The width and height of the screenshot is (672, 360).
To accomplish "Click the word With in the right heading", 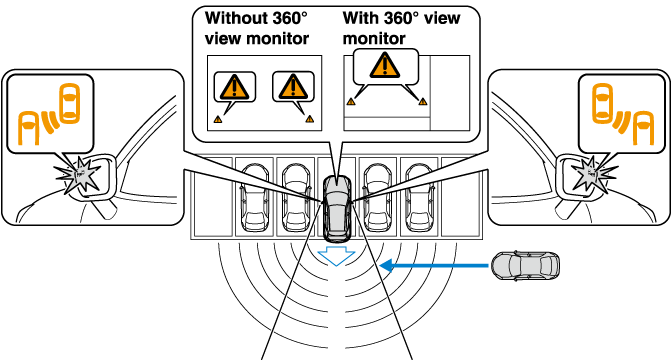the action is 358,18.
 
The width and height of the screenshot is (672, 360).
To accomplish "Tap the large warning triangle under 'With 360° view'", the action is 385,65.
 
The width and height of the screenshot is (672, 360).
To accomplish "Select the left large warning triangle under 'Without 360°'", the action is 234,87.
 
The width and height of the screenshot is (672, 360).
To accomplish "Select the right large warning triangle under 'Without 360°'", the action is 293,87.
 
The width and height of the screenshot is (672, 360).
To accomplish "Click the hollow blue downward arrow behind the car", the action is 336,256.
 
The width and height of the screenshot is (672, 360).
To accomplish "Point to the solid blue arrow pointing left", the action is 434,266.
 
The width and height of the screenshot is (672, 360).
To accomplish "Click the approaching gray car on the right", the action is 525,266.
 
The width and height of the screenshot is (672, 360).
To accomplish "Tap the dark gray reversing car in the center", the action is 337,208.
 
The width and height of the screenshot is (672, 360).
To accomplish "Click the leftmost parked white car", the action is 255,198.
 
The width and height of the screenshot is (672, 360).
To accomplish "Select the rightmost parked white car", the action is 419,198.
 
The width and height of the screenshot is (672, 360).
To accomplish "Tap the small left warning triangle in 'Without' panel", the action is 218,120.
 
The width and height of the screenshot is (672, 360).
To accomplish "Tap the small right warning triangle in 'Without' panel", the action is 309,119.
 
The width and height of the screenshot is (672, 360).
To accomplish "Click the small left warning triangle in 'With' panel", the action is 351,102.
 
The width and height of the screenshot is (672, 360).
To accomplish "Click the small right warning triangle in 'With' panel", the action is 423,102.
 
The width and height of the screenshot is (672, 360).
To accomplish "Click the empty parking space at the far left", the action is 213,197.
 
